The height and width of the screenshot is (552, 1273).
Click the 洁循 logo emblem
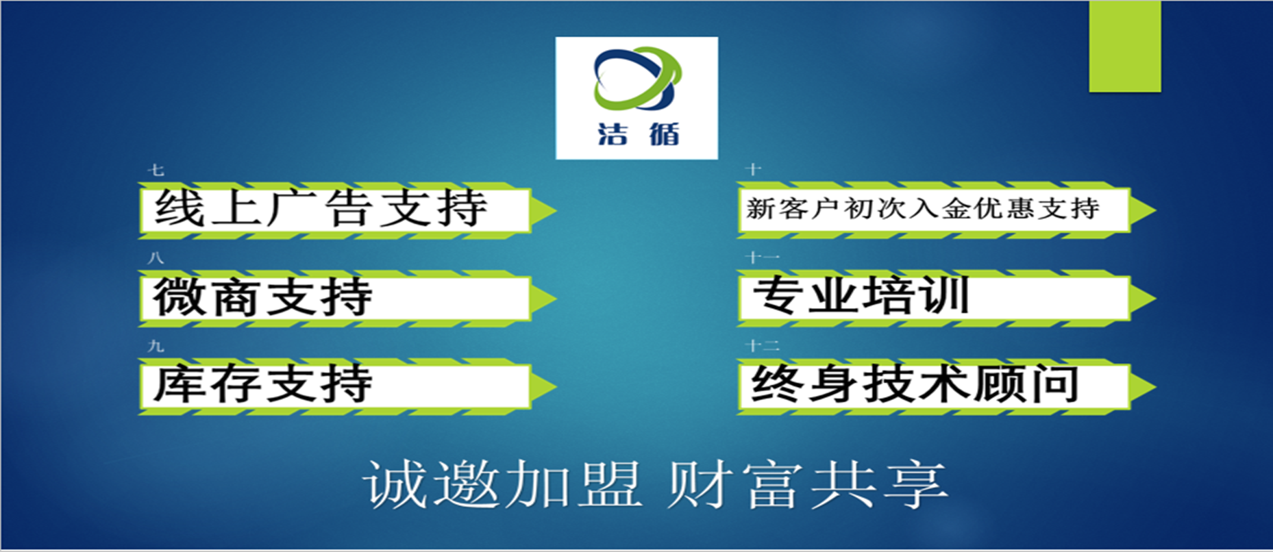637,78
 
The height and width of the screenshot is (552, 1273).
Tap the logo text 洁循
639,133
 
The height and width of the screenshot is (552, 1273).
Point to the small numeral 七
156,170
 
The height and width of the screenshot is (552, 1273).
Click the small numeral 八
156,258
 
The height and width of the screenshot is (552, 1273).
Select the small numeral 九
156,347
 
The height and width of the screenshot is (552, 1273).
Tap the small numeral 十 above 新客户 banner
754,169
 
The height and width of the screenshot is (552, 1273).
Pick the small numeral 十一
763,258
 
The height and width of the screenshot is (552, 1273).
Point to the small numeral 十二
763,346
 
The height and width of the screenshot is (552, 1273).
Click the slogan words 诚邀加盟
502,485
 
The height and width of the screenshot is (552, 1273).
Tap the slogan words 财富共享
808,485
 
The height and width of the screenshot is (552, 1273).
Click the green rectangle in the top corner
1125,46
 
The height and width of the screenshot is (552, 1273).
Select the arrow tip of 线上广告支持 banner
555,210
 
